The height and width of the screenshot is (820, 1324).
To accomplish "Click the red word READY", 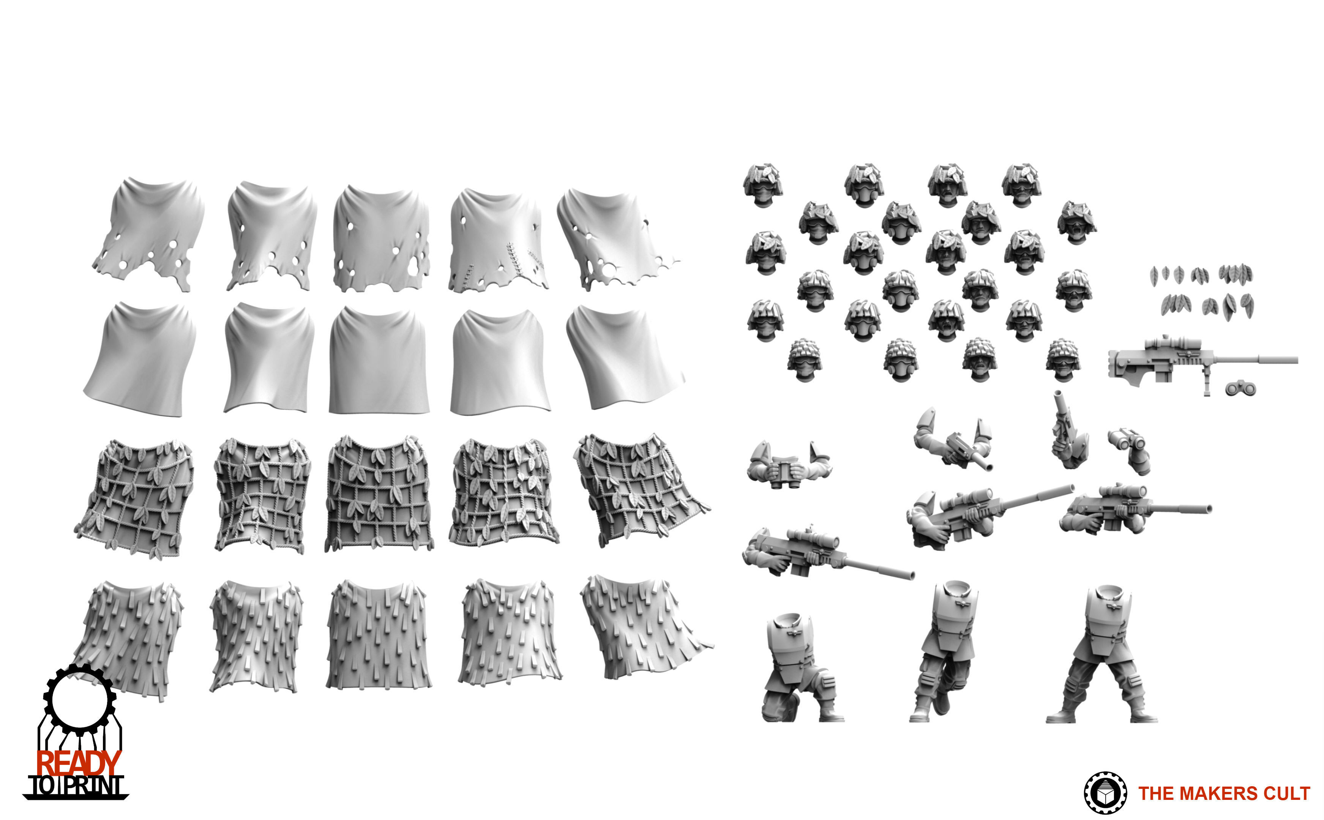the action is click(x=79, y=763).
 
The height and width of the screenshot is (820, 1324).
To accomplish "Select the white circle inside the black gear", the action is click(x=79, y=700).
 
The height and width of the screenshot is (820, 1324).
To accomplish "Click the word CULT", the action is click(x=1286, y=793).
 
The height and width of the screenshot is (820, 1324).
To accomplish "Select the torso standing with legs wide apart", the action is click(x=1101, y=654).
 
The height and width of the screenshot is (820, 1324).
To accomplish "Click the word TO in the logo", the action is click(x=43, y=786).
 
